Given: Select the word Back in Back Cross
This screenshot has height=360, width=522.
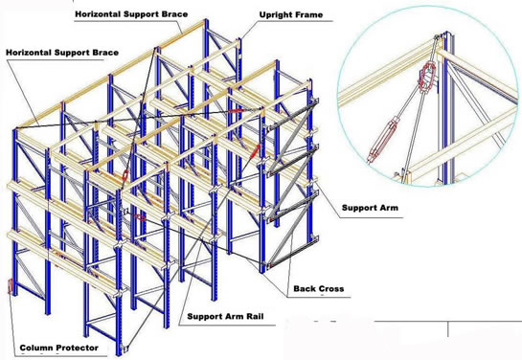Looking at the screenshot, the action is point(301,288).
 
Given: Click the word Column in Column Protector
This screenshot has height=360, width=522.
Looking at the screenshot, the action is point(34,348).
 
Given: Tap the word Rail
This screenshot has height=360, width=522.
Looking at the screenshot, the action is point(255,316).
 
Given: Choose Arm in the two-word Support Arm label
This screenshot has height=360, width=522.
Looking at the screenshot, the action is point(389,208).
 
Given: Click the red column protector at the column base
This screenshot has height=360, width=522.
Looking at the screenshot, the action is point(10,286).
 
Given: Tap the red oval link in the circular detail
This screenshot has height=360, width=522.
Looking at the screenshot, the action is point(427,77).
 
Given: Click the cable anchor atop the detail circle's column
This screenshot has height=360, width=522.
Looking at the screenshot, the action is point(438,37).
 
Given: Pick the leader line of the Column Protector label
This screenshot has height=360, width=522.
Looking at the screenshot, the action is point(12,321).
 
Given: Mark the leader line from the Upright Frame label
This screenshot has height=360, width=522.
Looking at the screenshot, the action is point(249,31).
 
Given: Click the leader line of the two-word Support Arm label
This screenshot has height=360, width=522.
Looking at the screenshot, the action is point(328,200).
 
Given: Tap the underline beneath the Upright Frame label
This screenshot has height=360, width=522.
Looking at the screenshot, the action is point(295,21).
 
